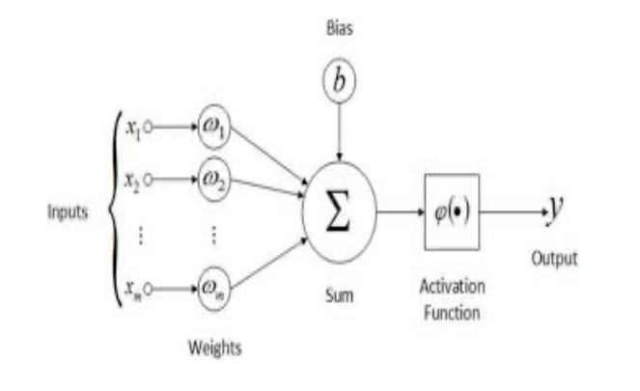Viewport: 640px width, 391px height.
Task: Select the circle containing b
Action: pyautogui.click(x=338, y=83)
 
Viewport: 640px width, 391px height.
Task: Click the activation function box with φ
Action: pyautogui.click(x=451, y=210)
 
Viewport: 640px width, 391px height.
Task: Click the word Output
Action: pyautogui.click(x=553, y=258)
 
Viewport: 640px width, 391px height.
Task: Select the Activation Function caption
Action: pyautogui.click(x=452, y=299)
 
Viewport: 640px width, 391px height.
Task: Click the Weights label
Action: pyautogui.click(x=213, y=345)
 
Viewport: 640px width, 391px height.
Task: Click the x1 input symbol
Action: pyautogui.click(x=132, y=126)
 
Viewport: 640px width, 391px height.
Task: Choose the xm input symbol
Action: pyautogui.click(x=132, y=288)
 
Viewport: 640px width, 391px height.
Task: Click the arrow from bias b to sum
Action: pyautogui.click(x=338, y=130)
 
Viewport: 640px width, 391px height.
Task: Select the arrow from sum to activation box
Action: pyautogui.click(x=398, y=210)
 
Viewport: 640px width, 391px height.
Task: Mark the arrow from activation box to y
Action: pyautogui.click(x=512, y=210)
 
